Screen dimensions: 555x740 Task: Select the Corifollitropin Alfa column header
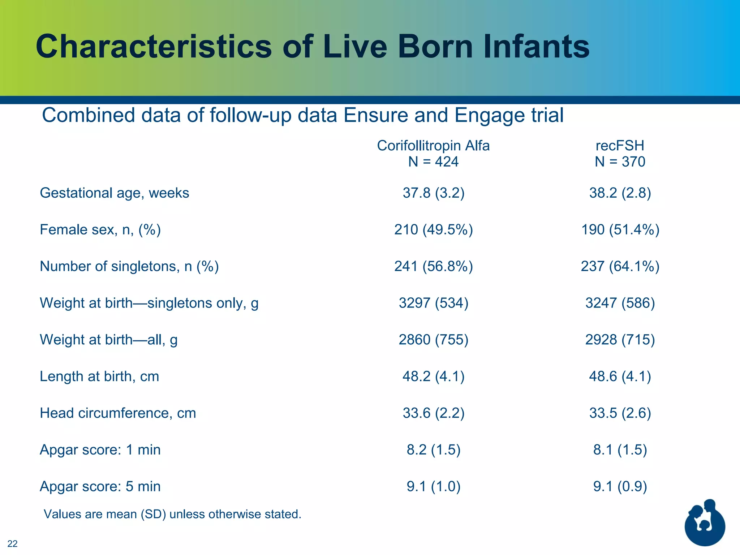pyautogui.click(x=433, y=146)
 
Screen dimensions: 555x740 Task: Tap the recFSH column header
pyautogui.click(x=620, y=146)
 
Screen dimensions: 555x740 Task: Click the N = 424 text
pyautogui.click(x=433, y=162)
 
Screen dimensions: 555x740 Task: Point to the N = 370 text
pyautogui.click(x=620, y=162)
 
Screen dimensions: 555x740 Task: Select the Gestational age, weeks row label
pyautogui.click(x=114, y=193)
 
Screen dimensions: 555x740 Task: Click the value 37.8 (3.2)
pyautogui.click(x=433, y=193)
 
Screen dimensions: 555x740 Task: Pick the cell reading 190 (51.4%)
pyautogui.click(x=620, y=230)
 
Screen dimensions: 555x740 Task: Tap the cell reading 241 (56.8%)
pyautogui.click(x=433, y=266)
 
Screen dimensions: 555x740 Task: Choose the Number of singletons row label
pyautogui.click(x=129, y=266)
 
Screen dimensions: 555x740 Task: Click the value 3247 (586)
pyautogui.click(x=620, y=303)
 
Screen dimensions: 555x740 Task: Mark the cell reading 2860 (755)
pyautogui.click(x=433, y=340)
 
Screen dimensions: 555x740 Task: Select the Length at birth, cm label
pyautogui.click(x=99, y=377)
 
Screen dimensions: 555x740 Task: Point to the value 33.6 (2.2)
pyautogui.click(x=433, y=413)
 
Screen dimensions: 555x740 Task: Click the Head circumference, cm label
pyautogui.click(x=118, y=413)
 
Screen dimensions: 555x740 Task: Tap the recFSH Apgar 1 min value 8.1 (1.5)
pyautogui.click(x=620, y=450)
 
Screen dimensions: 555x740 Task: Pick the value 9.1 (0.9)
pyautogui.click(x=620, y=486)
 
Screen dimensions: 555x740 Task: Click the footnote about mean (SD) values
pyautogui.click(x=172, y=514)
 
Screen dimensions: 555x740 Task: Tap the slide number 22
pyautogui.click(x=12, y=543)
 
